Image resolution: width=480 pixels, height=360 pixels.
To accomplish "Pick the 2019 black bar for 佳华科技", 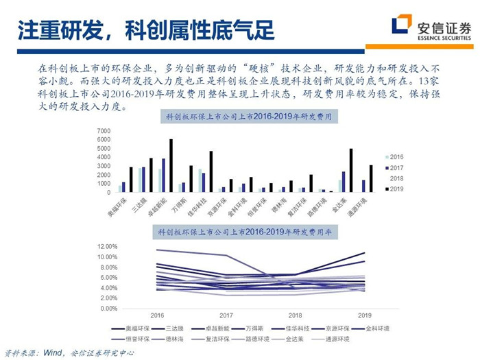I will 211,171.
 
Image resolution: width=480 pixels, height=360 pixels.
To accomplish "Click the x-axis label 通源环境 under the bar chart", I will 370,204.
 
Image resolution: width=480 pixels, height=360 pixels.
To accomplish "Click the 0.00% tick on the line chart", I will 97,309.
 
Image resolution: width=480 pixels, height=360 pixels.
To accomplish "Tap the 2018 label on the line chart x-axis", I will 296,315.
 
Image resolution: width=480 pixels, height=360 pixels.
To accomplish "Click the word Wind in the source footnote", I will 53,352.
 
